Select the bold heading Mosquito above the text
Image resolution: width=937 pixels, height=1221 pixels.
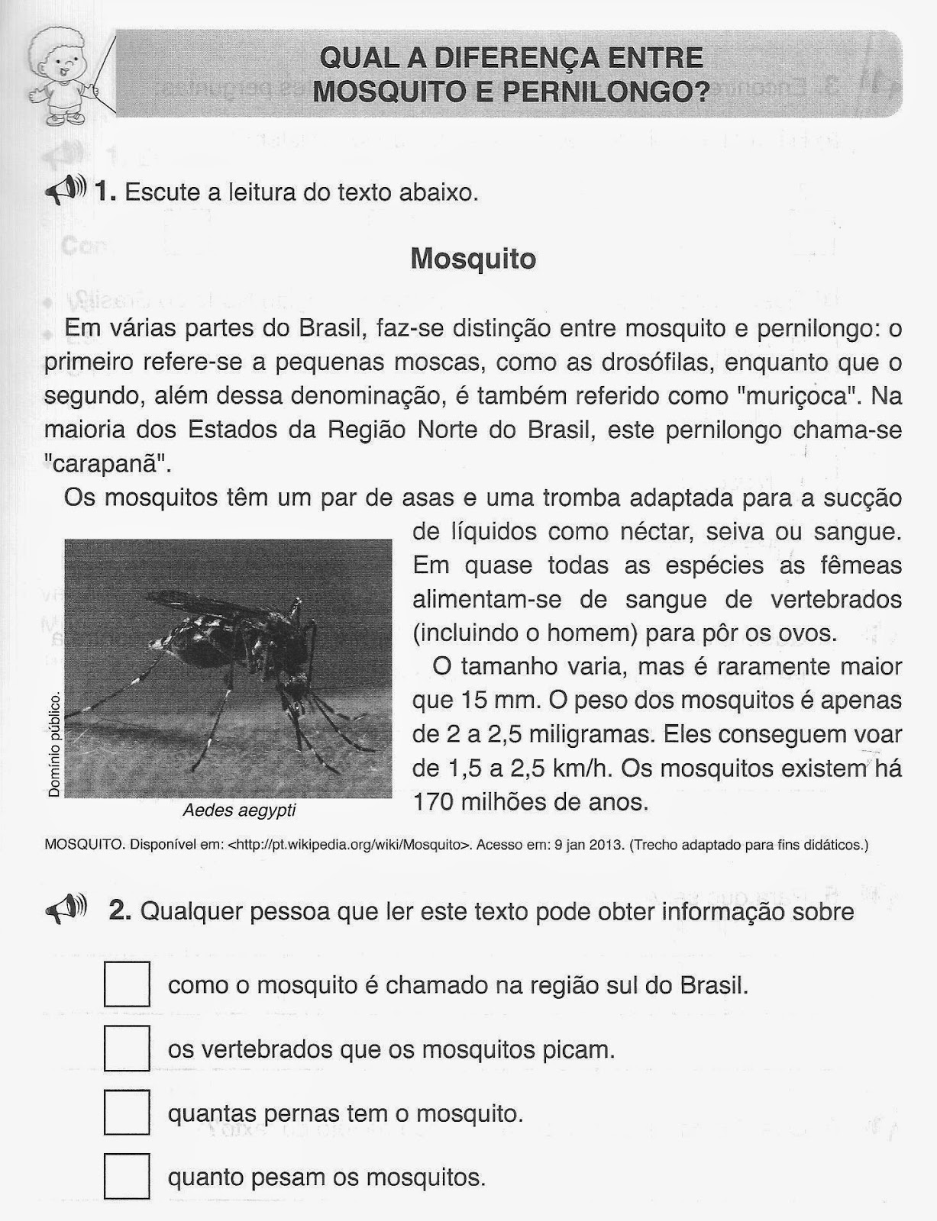473,259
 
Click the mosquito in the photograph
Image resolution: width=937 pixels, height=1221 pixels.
229,656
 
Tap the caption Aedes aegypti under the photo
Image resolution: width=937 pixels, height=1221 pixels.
239,810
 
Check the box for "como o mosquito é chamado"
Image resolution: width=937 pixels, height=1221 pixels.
127,984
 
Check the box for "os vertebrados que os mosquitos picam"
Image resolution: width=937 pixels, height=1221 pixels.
127,1049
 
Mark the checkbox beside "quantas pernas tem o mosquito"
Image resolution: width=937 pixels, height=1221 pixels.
127,1113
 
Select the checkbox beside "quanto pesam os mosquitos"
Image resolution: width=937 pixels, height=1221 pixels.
127,1176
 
